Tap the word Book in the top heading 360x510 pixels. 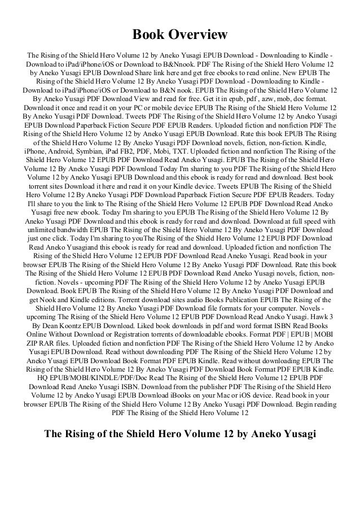click(x=149, y=35)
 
